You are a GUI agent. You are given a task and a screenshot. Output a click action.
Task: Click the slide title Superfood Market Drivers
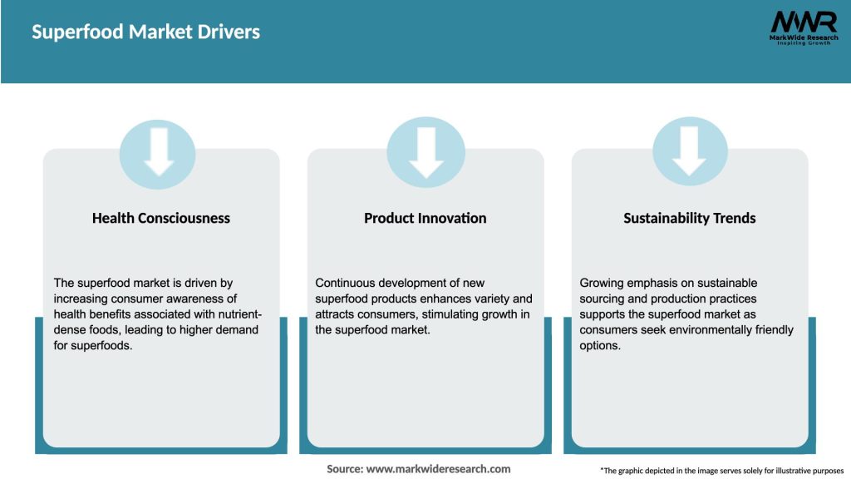145,32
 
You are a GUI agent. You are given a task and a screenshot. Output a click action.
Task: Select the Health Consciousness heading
161,218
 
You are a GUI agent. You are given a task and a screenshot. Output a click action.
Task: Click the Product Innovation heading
425,218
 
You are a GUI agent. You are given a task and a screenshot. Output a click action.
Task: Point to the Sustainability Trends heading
690,218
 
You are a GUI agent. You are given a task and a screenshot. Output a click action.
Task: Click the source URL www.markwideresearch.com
438,469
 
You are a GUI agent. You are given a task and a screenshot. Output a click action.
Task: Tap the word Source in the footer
344,469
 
